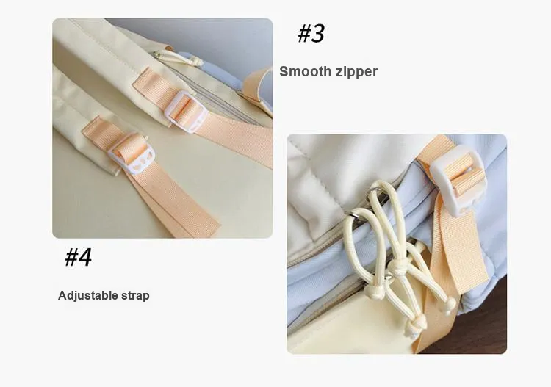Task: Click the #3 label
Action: coord(311,34)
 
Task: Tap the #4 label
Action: coord(79,257)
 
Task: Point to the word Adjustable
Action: coord(88,296)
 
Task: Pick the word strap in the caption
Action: coord(135,296)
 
